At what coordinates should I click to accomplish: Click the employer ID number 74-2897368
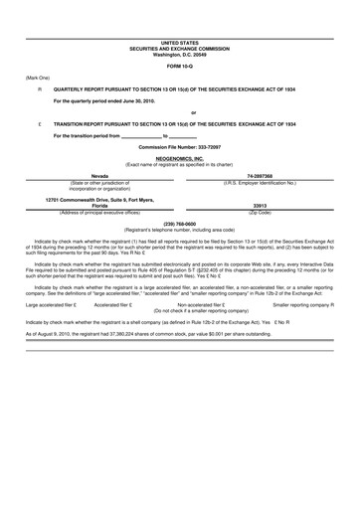click(x=268, y=175)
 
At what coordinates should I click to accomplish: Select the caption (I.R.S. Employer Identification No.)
click(x=268, y=182)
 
